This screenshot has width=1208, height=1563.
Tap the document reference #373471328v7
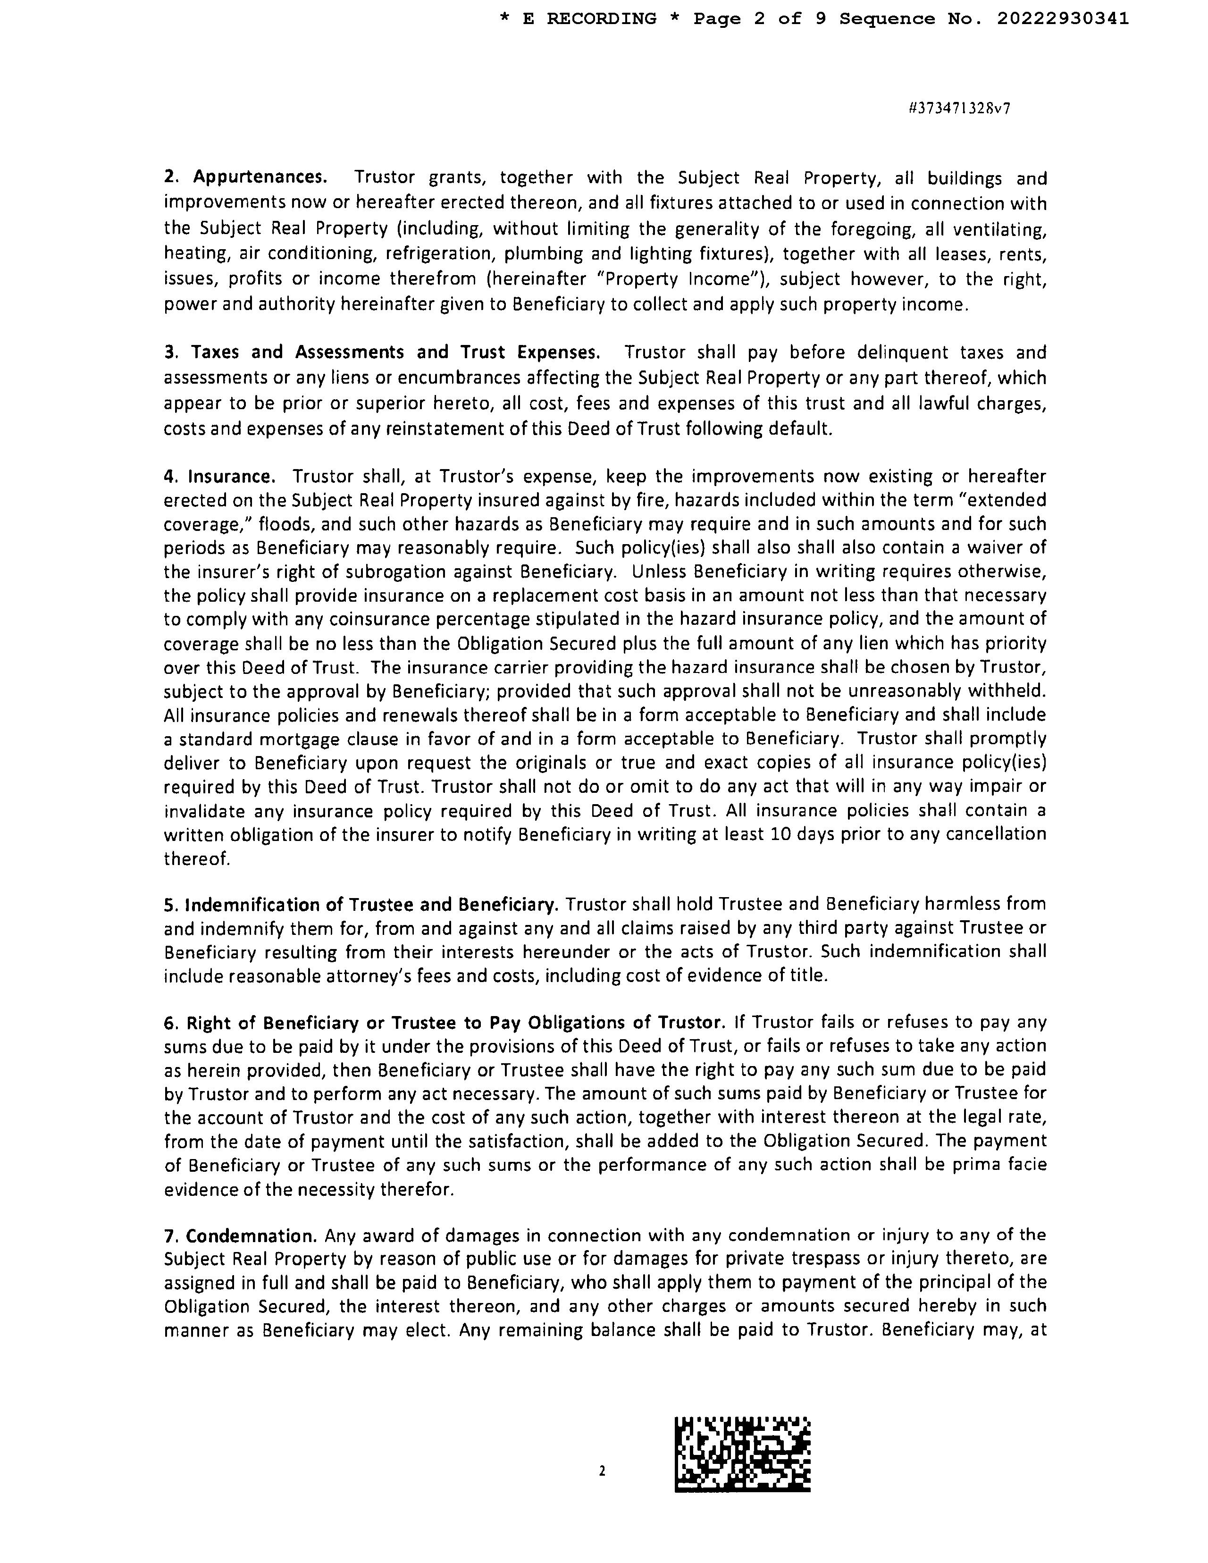(959, 109)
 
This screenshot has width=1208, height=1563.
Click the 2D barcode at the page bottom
(742, 1454)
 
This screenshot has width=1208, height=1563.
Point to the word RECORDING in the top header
(601, 19)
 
